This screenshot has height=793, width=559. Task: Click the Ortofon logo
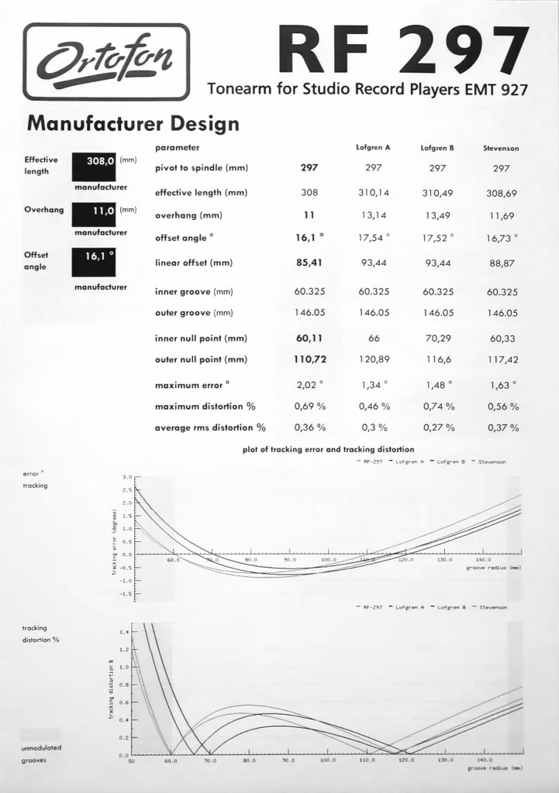(x=106, y=61)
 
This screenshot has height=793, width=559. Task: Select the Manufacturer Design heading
(x=133, y=123)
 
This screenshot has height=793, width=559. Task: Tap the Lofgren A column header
(x=373, y=147)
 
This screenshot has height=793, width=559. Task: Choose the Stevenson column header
(x=501, y=147)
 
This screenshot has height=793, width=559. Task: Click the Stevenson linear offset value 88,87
(x=501, y=263)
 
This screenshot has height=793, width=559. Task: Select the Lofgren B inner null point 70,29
(x=437, y=338)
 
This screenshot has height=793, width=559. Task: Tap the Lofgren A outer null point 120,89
(x=373, y=359)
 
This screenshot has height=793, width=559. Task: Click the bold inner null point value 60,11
(x=309, y=338)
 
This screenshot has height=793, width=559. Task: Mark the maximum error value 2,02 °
(x=309, y=384)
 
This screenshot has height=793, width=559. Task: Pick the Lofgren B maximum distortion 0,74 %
(x=439, y=406)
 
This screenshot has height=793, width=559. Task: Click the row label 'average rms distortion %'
(x=210, y=427)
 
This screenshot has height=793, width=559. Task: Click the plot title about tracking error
(x=328, y=449)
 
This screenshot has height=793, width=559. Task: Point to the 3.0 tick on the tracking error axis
(x=127, y=477)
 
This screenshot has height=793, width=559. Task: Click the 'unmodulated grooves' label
(x=41, y=754)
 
